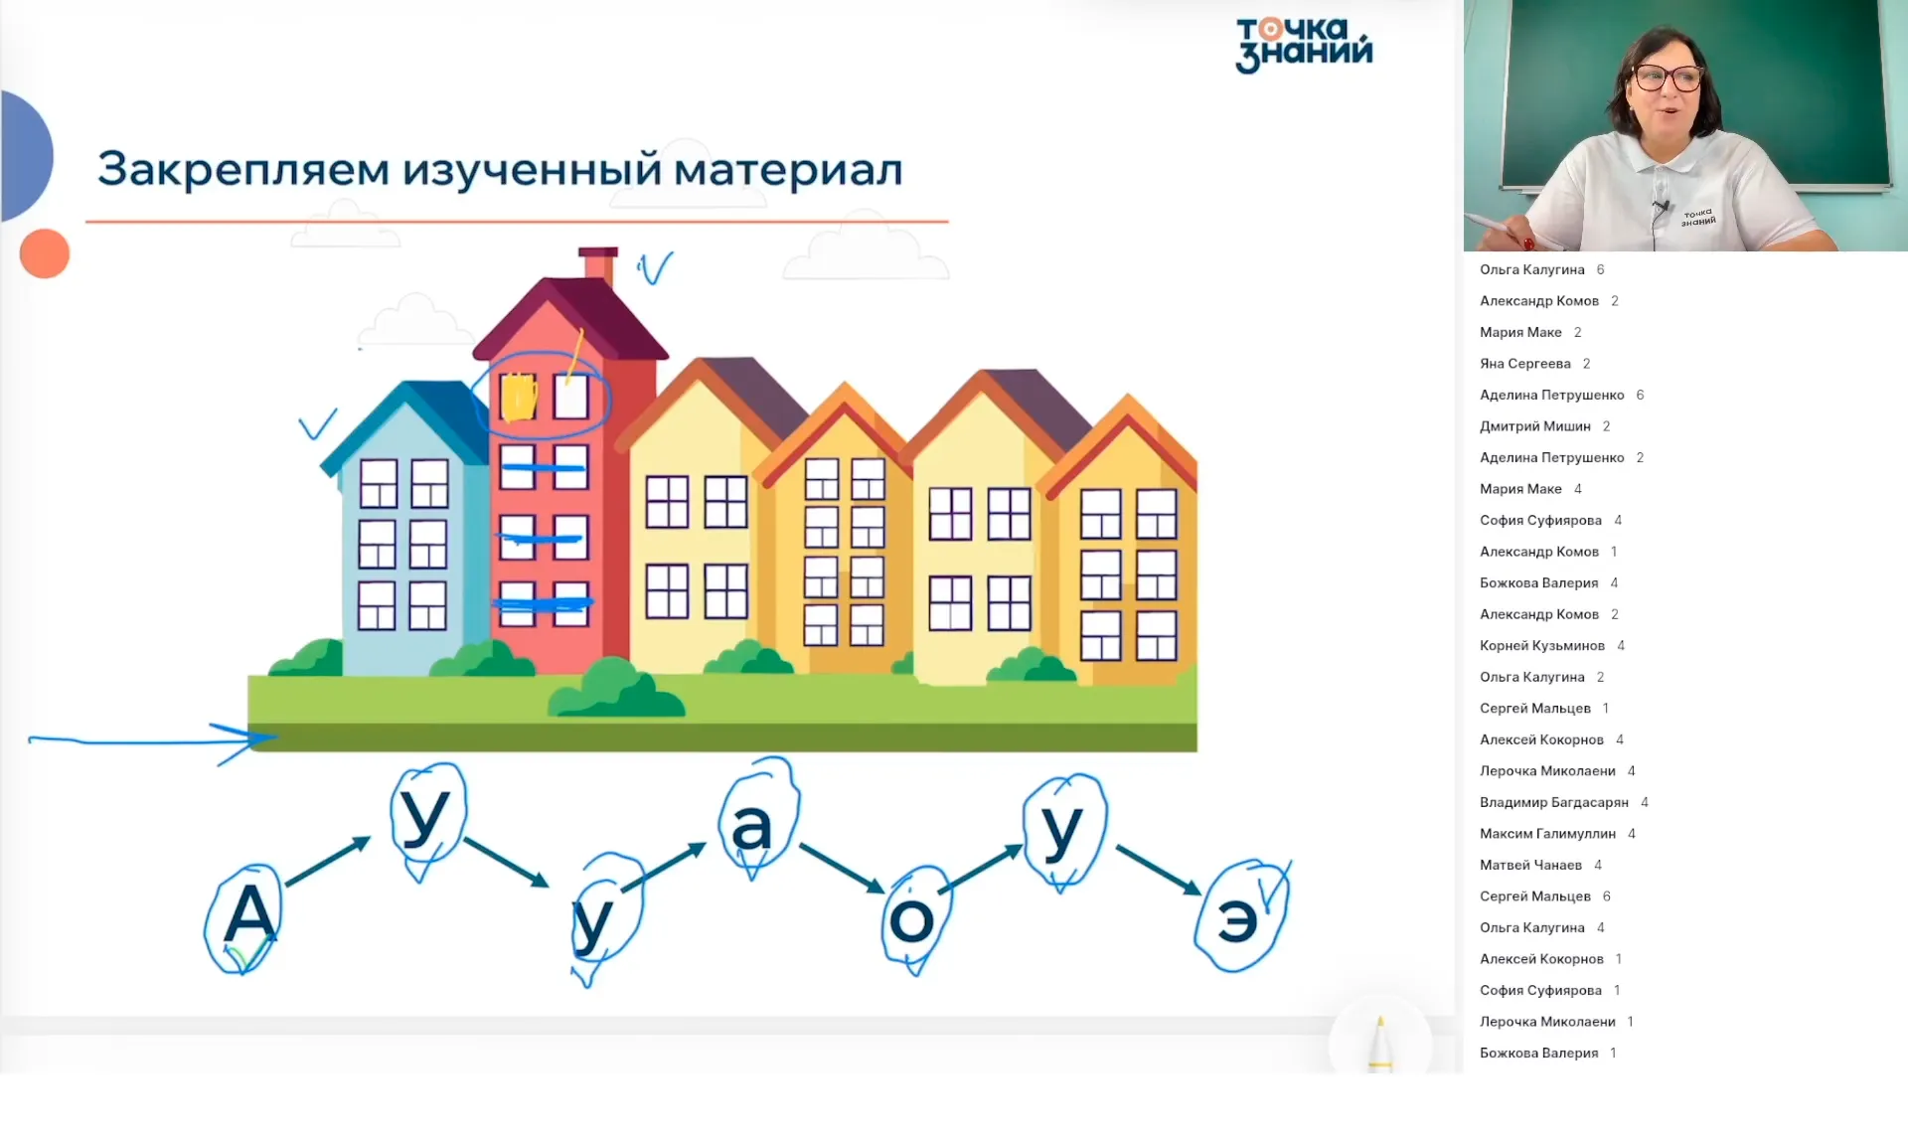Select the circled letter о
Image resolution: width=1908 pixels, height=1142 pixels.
tap(911, 919)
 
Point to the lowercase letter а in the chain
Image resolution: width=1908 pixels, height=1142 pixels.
tap(751, 826)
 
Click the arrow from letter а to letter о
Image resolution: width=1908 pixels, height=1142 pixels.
tap(841, 868)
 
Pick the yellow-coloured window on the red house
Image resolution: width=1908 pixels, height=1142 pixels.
tap(517, 398)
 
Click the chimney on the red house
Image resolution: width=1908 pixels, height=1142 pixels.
tap(598, 263)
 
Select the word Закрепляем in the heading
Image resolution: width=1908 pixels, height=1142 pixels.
tap(243, 169)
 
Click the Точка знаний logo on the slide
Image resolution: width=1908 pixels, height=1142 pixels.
tap(1304, 45)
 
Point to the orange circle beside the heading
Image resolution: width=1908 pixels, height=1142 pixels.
tap(45, 253)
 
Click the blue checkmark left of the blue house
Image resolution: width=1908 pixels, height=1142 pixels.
tap(318, 425)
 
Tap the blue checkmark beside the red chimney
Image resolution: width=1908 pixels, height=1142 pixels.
tap(655, 267)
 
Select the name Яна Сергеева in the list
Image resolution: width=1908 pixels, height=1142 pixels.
tap(1524, 364)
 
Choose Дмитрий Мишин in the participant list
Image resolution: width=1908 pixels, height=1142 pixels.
tap(1534, 426)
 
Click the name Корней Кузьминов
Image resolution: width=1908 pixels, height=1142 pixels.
tap(1541, 646)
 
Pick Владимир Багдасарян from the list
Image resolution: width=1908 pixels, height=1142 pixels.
tap(1553, 802)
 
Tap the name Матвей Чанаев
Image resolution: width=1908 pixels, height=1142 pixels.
tap(1530, 865)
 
